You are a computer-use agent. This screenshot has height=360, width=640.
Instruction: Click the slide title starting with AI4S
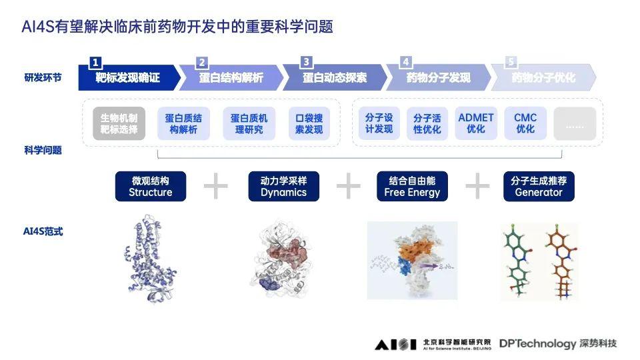point(176,27)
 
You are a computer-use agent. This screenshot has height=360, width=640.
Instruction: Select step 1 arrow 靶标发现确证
point(128,77)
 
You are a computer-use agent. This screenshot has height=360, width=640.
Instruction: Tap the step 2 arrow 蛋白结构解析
point(231,77)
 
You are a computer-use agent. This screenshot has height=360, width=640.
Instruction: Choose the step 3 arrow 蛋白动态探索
point(334,77)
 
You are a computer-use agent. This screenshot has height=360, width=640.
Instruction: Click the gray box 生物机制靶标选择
point(119,123)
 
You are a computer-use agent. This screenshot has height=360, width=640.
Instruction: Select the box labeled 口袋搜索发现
point(309,123)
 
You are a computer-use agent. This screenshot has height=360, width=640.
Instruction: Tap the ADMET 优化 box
point(476,123)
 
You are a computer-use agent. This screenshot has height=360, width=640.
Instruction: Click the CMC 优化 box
point(525,123)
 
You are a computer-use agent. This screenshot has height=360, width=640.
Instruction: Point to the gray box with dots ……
point(575,123)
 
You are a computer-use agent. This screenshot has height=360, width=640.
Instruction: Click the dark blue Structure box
point(150,187)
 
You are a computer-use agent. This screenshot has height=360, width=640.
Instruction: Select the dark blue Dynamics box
point(283,187)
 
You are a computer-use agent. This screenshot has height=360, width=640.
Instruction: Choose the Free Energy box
point(412,187)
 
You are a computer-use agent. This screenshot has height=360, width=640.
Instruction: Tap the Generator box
point(539,187)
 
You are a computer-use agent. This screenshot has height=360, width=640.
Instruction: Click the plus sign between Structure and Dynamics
point(215,187)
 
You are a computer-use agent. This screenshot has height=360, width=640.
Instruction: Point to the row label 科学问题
point(43,151)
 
